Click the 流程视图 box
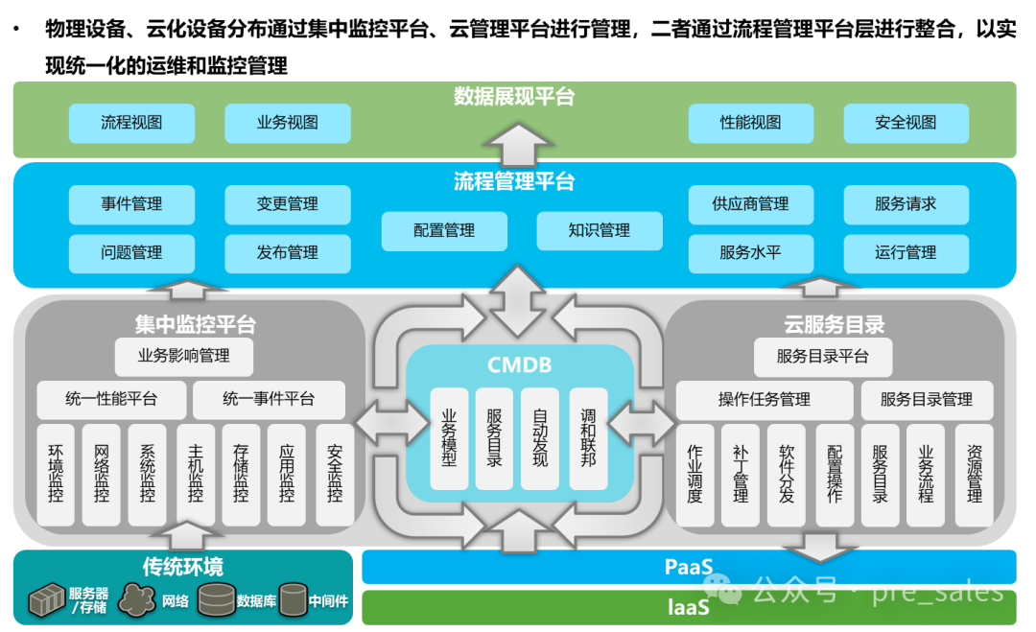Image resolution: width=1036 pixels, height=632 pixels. pyautogui.click(x=131, y=123)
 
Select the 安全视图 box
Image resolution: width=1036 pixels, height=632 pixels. pyautogui.click(x=906, y=123)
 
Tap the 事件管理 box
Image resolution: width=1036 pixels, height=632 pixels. pyautogui.click(x=131, y=204)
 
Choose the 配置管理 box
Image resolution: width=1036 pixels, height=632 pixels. pyautogui.click(x=444, y=230)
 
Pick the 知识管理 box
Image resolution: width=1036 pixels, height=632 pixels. pyautogui.click(x=599, y=230)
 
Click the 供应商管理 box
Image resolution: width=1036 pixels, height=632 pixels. pyautogui.click(x=750, y=204)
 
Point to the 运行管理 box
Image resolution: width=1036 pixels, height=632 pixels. pyautogui.click(x=906, y=253)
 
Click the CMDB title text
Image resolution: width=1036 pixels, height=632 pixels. pyautogui.click(x=519, y=364)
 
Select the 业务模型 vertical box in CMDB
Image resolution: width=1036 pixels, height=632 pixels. pyautogui.click(x=449, y=437)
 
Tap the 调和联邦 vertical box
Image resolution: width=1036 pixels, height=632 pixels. pyautogui.click(x=588, y=437)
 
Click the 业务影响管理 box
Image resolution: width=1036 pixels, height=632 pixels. pyautogui.click(x=183, y=356)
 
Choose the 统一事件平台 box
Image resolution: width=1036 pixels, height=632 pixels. pyautogui.click(x=269, y=399)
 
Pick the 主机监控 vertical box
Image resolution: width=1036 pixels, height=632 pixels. pyautogui.click(x=196, y=475)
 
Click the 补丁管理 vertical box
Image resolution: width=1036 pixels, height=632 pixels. pyautogui.click(x=741, y=475)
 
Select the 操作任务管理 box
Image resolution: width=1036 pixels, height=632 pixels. pyautogui.click(x=764, y=399)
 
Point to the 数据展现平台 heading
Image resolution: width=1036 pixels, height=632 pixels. pyautogui.click(x=514, y=97)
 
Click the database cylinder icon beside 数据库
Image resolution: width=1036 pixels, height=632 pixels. pyautogui.click(x=216, y=599)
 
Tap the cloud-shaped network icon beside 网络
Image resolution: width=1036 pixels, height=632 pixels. pyautogui.click(x=137, y=600)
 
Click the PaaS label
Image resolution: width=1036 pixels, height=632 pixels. pyautogui.click(x=688, y=567)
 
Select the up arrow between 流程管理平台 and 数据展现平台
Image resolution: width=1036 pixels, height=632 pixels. pyautogui.click(x=518, y=144)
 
